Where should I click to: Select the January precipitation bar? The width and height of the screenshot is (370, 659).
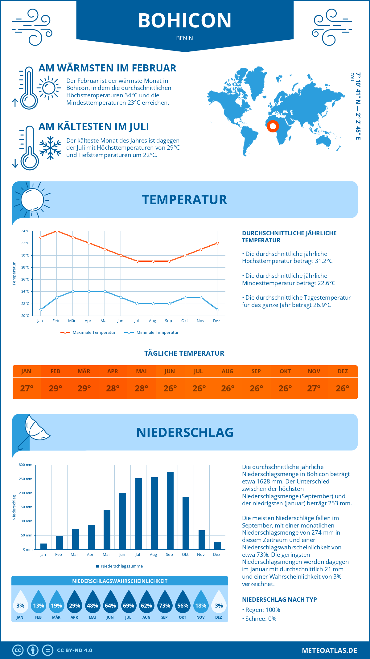coord(44,546)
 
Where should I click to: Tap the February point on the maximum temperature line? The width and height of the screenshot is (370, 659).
coord(57,231)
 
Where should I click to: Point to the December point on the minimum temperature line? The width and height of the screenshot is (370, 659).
coord(217,309)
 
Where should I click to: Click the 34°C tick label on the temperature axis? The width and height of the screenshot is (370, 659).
coord(25,231)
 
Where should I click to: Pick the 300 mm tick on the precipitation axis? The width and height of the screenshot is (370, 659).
coord(26,465)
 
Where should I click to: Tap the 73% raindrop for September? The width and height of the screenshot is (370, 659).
coord(164,604)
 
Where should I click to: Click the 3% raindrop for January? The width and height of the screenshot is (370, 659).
coord(20,604)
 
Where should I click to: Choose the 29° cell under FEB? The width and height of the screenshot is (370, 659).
coord(55,388)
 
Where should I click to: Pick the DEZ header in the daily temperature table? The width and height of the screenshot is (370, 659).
coord(343,371)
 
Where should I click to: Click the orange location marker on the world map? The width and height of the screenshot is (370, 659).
coord(273,126)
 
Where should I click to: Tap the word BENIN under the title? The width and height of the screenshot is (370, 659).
coord(185,38)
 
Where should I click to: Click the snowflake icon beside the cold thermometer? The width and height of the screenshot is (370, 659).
coord(50,148)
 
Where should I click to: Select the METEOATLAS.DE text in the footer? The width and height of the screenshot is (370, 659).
coord(329,650)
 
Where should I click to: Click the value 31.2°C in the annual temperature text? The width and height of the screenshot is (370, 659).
coord(323,261)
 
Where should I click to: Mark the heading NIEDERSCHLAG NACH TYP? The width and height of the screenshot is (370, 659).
coord(279,600)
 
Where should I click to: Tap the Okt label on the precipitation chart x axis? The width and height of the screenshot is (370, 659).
coord(185,554)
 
